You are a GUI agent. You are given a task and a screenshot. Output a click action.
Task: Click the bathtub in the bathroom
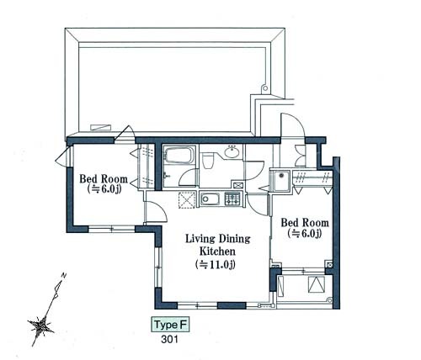pos(180,155)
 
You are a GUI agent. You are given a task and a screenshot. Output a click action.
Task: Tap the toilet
pos(208,160)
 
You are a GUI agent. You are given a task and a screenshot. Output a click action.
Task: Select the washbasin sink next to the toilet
pos(232,152)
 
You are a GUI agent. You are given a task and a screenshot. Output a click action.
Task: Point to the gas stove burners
pos(232,199)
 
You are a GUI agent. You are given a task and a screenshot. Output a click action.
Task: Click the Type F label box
pos(170,325)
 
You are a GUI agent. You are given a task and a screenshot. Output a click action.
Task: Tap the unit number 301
pos(170,340)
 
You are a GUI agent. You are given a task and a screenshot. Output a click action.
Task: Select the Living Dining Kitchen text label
pos(217,245)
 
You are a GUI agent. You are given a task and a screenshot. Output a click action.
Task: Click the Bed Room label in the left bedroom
pos(104,179)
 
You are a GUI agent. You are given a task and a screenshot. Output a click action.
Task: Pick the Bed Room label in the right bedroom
pos(305,223)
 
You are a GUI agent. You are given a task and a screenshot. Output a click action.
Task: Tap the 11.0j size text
pos(216,264)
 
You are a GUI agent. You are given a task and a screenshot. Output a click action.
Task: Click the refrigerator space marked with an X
pos(186,199)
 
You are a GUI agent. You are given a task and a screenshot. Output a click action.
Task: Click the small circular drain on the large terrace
pos(264,88)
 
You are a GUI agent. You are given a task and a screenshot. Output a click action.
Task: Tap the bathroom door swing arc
pos(187,177)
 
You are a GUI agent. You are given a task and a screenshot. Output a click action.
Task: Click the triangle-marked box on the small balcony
pos(317,284)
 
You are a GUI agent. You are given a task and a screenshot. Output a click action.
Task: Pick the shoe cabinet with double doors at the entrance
pos(301,156)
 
